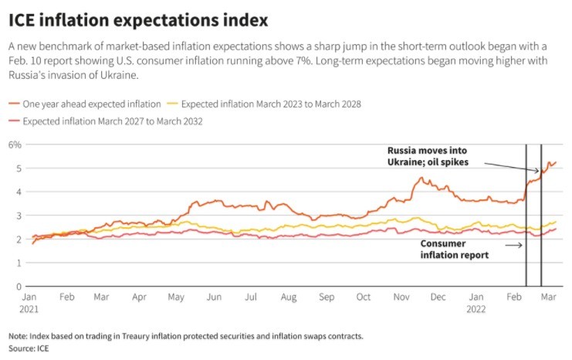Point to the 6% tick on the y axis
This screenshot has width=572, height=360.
tap(14, 144)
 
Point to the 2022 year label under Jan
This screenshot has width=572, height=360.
tap(479, 307)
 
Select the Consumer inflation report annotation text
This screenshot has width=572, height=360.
tap(454, 249)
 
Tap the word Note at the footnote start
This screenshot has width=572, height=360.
tap(18, 336)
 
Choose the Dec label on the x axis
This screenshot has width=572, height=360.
tap(438, 297)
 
